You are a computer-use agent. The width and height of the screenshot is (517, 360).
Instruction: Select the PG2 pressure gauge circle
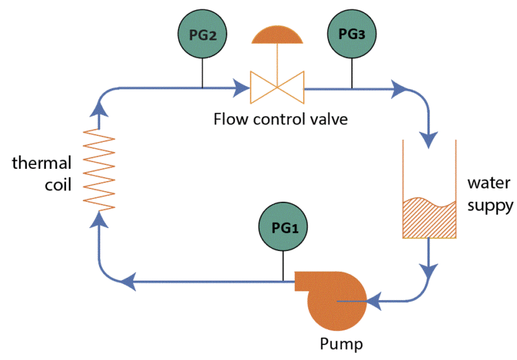[x=203, y=35]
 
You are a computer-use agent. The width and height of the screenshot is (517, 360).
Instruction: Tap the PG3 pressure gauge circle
[x=351, y=35]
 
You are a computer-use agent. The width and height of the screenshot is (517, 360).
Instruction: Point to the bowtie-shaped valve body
[x=277, y=87]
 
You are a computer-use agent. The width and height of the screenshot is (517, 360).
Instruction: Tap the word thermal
[x=40, y=163]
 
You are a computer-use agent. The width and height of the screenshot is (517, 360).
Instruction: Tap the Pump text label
[x=341, y=345]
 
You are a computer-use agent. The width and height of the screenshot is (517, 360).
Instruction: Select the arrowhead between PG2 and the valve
[x=242, y=87]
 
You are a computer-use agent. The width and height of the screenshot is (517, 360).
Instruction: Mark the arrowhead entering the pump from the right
[x=372, y=301]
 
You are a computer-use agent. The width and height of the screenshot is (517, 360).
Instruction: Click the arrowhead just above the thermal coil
[x=99, y=103]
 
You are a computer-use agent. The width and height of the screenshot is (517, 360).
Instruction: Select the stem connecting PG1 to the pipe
[x=283, y=266]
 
